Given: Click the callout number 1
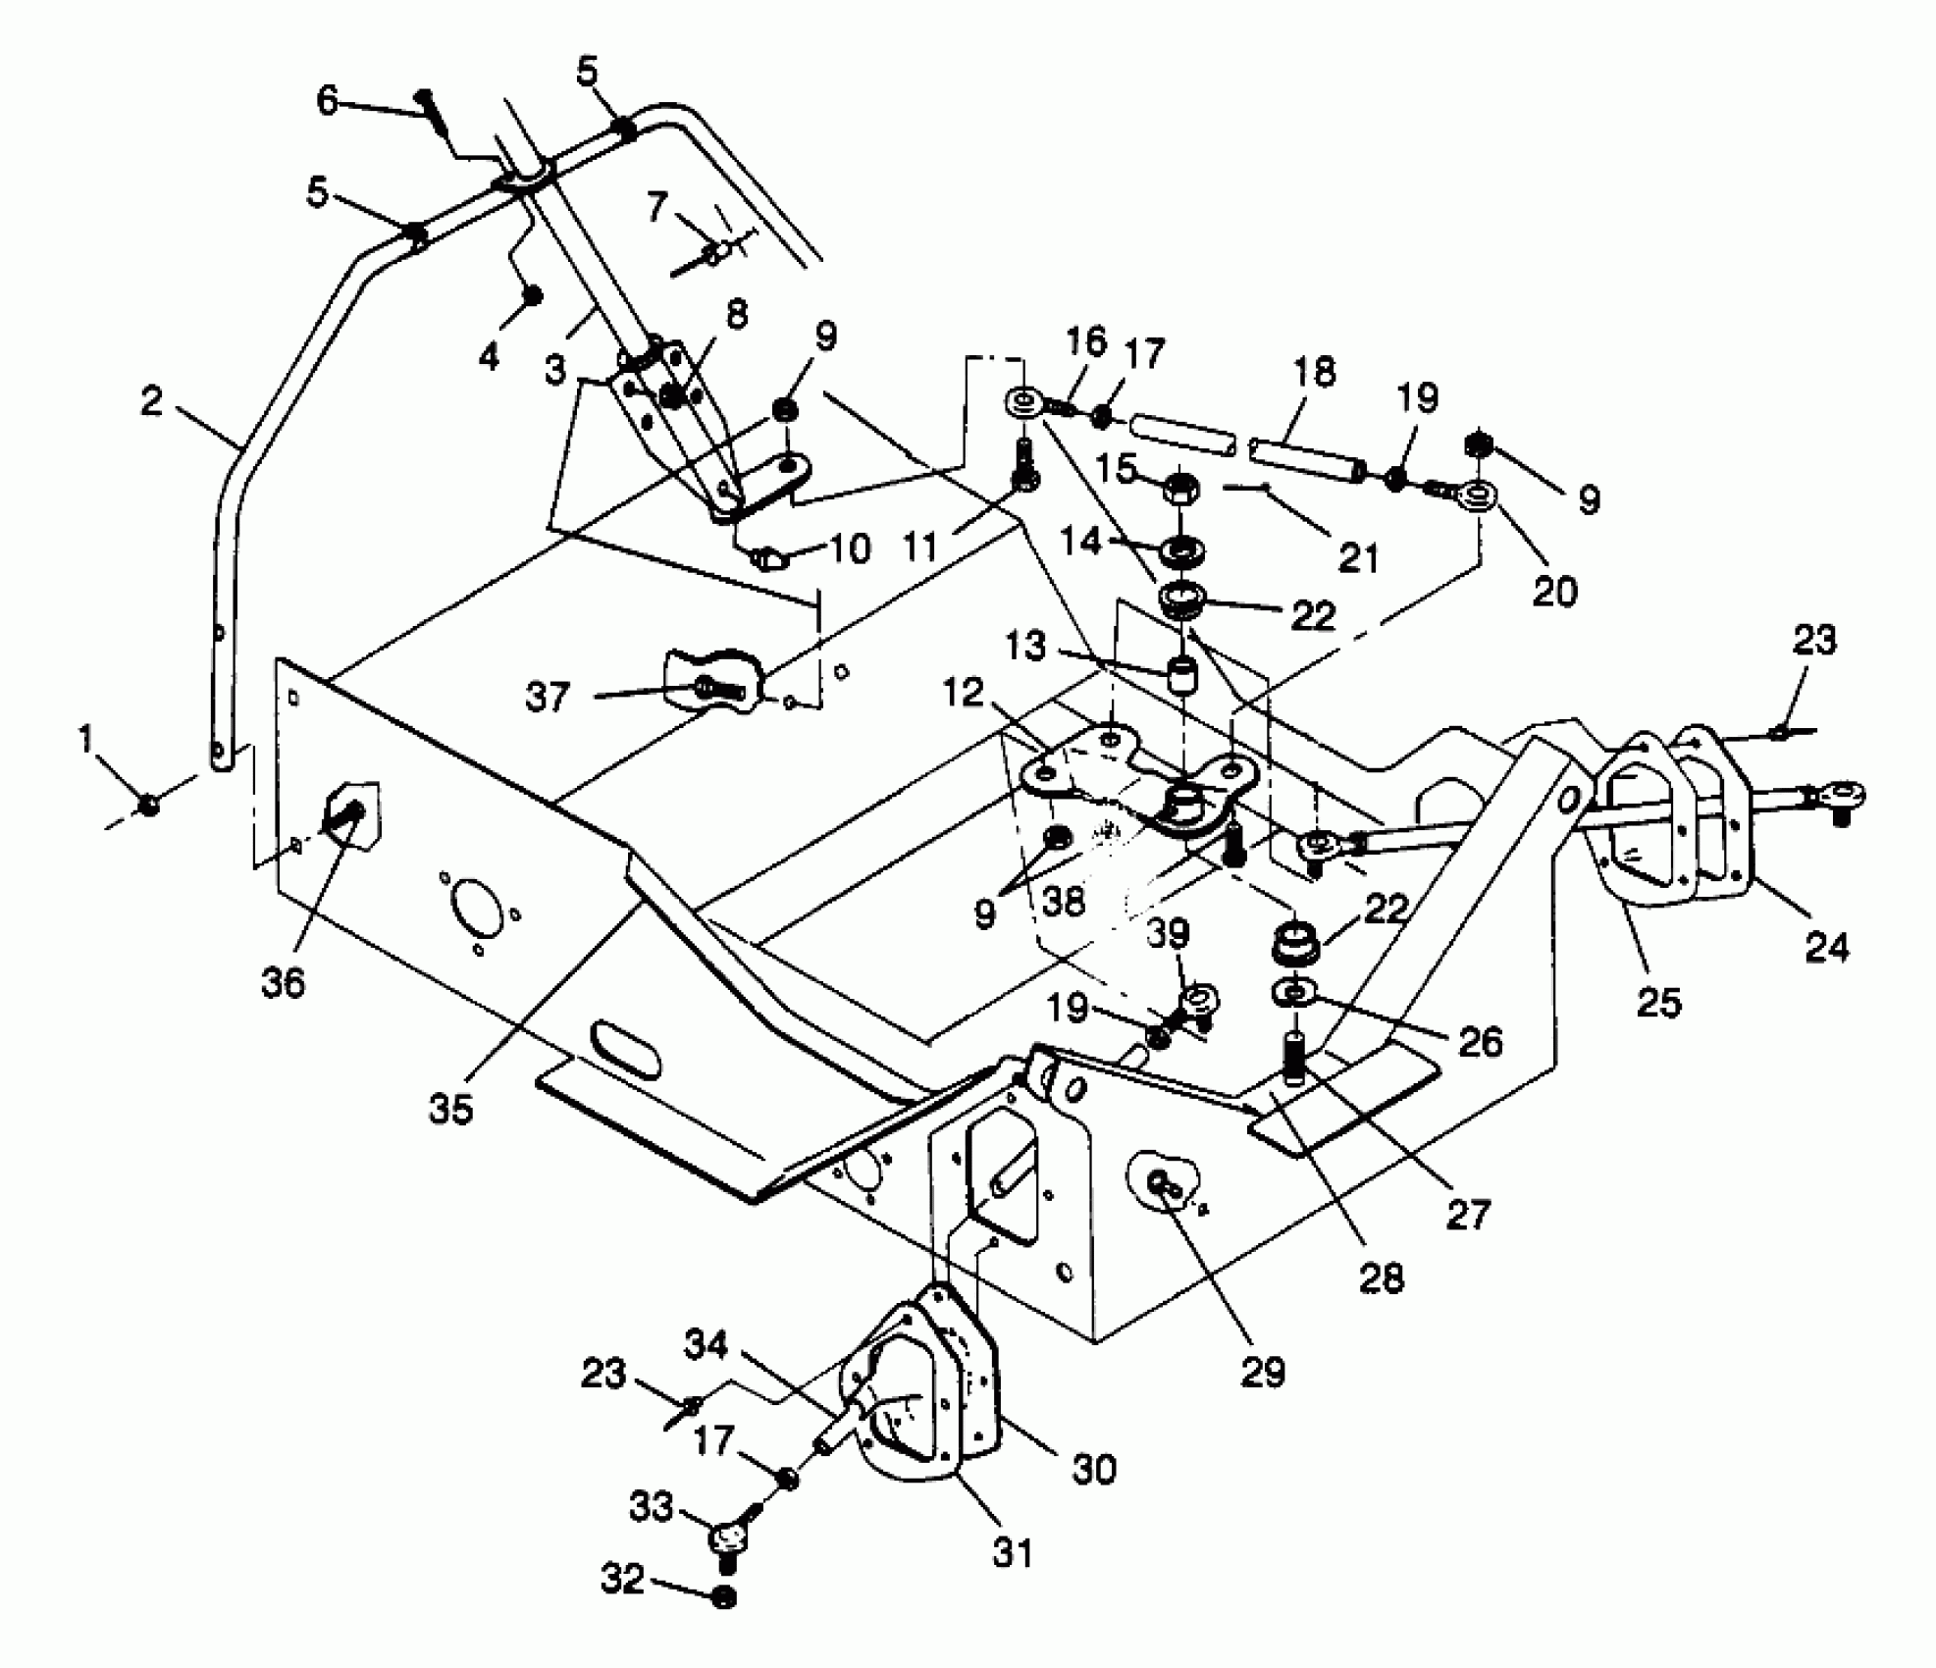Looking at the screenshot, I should tap(87, 741).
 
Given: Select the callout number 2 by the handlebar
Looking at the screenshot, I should tap(151, 400).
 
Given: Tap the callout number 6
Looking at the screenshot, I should tap(328, 99).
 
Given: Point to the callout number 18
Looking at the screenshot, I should tap(1314, 373).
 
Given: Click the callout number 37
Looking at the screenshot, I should tap(548, 698).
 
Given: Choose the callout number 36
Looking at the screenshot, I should tap(284, 982).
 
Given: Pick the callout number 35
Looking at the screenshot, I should tap(450, 1108).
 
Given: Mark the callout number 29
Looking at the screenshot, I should tap(1263, 1372).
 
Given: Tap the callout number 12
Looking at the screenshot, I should tap(965, 693).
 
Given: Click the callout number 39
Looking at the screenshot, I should tap(1168, 934).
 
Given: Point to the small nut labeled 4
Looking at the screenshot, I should tap(533, 295).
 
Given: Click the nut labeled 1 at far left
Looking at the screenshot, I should tap(149, 805).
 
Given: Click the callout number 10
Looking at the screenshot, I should tap(850, 548).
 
